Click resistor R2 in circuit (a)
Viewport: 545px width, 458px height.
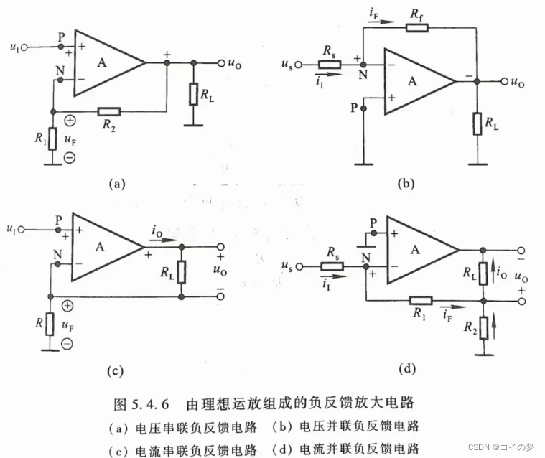tap(109, 111)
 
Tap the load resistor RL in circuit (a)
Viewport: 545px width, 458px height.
tap(192, 94)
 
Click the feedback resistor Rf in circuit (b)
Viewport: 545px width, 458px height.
tap(416, 28)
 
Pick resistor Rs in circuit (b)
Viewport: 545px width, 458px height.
tap(330, 65)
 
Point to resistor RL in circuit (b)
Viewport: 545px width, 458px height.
tap(477, 123)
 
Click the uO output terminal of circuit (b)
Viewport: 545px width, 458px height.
tap(504, 82)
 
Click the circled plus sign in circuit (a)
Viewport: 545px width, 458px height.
tap(69, 121)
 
